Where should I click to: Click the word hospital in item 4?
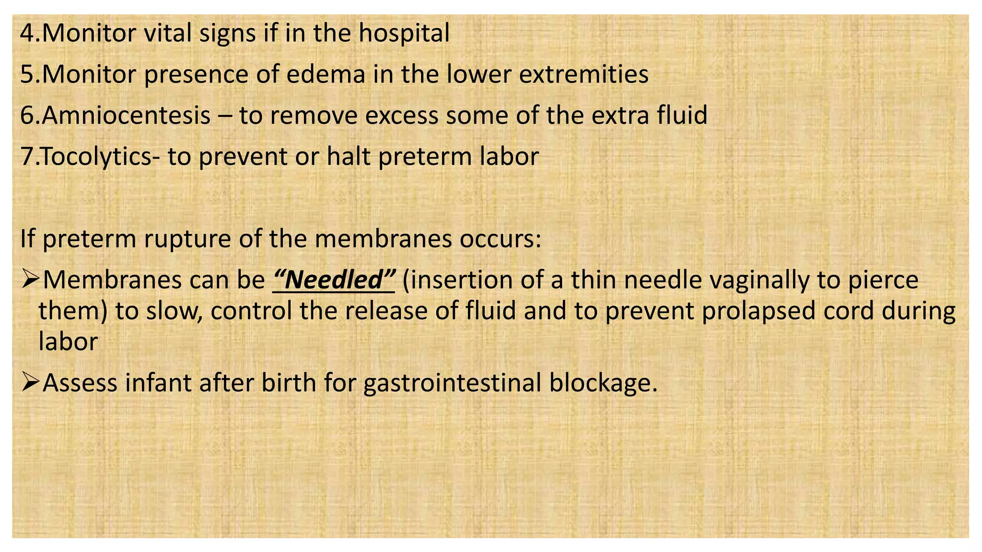(404, 34)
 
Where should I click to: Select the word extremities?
(584, 74)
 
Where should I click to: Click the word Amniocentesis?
(126, 115)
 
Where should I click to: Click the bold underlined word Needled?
(334, 280)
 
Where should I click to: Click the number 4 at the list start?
(27, 34)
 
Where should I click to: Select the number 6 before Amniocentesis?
(27, 115)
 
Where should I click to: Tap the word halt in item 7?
(348, 157)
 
